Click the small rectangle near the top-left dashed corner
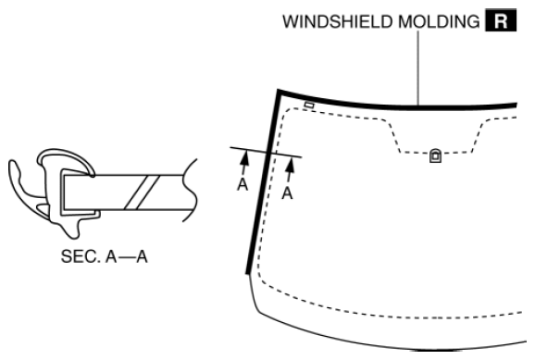[308, 106]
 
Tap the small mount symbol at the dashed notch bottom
[435, 157]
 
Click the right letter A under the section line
[288, 193]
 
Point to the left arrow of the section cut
[244, 163]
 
